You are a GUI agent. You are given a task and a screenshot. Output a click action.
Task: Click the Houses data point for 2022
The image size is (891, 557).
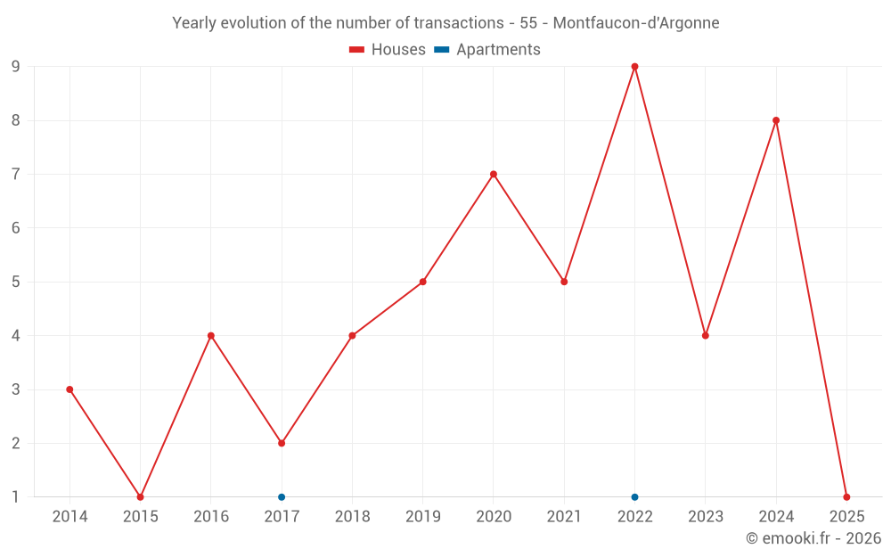pos(634,67)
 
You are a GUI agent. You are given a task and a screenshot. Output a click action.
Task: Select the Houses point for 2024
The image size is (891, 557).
pos(776,120)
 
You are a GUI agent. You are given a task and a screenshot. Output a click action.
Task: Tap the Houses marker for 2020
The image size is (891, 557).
pos(494,175)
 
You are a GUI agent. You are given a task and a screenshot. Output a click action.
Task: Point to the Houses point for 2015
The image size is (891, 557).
pos(140,497)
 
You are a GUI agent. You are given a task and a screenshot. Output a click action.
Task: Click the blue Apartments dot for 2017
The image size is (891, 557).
pos(282,497)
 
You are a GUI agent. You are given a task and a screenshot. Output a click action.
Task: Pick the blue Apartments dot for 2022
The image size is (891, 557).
pos(634,497)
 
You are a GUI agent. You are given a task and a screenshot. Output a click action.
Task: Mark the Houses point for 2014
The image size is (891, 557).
pos(69,389)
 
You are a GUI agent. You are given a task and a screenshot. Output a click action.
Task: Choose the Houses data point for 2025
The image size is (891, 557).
pos(846,497)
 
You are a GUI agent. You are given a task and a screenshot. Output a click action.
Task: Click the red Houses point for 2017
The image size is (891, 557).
pos(282,443)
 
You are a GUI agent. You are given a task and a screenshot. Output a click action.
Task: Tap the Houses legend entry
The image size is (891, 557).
pos(388,50)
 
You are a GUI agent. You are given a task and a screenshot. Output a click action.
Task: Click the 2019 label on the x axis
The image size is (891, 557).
pos(422,517)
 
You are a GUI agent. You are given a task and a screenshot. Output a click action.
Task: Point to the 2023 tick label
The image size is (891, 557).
pos(706,517)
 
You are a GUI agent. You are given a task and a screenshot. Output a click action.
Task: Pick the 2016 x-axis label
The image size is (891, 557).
pos(211,517)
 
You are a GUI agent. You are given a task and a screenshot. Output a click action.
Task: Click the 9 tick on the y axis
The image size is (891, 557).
pos(15,67)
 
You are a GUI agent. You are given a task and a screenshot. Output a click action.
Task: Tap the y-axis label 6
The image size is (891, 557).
pos(15,228)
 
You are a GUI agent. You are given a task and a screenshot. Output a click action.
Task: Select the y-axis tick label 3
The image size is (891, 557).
pos(15,389)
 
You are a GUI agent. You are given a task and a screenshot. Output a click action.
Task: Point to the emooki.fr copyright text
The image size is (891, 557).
pos(813,538)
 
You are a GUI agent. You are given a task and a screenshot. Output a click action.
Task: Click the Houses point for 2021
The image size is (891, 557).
pos(564,282)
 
